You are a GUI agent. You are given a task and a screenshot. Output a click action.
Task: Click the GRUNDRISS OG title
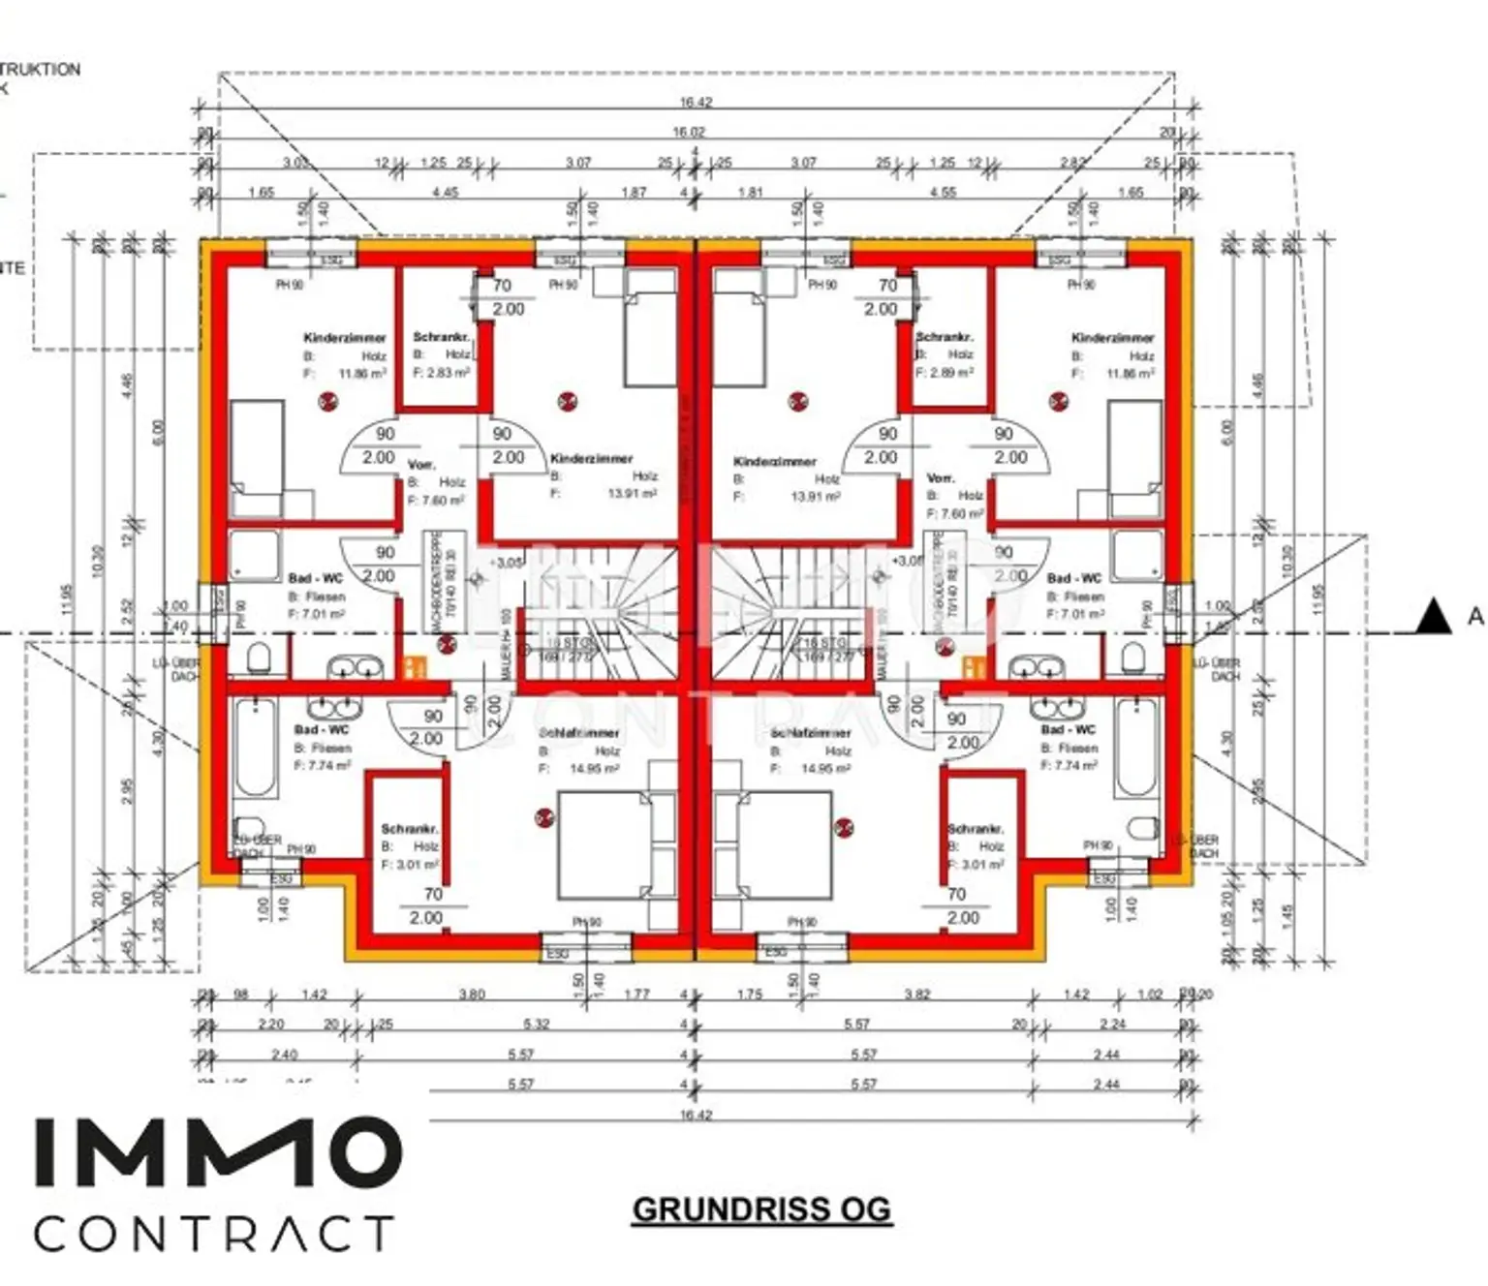pos(761,1209)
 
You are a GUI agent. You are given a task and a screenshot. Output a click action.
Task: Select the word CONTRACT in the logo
pos(214,1234)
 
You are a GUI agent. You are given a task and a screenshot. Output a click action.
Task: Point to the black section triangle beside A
pos(1433,617)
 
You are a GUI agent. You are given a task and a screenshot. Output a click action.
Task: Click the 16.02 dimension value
pos(688,132)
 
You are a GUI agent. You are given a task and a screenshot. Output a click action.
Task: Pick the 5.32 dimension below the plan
pos(536,1024)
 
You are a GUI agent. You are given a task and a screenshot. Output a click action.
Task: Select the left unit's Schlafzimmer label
pos(579,733)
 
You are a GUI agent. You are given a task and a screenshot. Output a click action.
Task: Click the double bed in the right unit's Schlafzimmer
pos(785,845)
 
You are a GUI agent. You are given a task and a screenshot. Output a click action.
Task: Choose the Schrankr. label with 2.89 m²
pos(944,337)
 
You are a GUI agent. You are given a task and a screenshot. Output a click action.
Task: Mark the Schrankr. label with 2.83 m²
pos(442,337)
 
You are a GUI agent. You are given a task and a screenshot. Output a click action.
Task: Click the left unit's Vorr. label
pos(421,465)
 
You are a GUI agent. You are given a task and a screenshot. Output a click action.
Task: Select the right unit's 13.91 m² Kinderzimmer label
pos(775,462)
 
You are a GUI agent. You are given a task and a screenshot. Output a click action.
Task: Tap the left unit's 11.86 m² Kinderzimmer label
pos(345,338)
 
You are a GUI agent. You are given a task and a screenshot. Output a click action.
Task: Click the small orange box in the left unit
pos(415,667)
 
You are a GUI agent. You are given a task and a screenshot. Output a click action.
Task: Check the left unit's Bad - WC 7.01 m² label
pos(316,578)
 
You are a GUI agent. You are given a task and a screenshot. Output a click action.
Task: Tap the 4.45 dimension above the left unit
pos(445,193)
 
